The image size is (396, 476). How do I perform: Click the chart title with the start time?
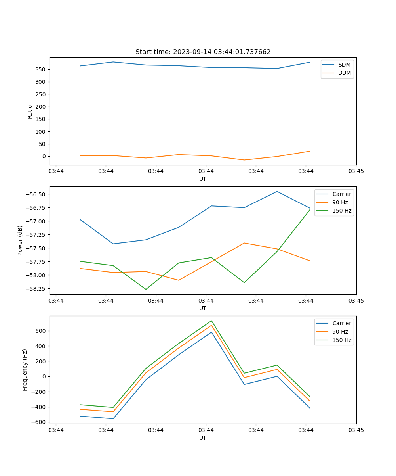(203, 52)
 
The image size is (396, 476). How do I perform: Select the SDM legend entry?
(344, 65)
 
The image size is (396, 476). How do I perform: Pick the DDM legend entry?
(344, 73)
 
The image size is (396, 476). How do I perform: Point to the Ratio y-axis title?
(30, 111)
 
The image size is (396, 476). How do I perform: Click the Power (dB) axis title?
(20, 240)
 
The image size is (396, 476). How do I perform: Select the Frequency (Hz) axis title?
(25, 370)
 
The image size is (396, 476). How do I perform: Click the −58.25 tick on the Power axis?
(35, 289)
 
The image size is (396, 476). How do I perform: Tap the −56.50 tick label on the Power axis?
(35, 194)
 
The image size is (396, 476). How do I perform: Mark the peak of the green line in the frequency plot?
(211, 321)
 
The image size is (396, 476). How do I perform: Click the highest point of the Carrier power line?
(277, 191)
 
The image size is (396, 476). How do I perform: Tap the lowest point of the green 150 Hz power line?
(146, 289)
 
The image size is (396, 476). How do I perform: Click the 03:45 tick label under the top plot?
(356, 171)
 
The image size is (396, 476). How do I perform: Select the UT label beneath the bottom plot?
(203, 438)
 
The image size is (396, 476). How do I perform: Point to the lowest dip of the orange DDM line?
(244, 160)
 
